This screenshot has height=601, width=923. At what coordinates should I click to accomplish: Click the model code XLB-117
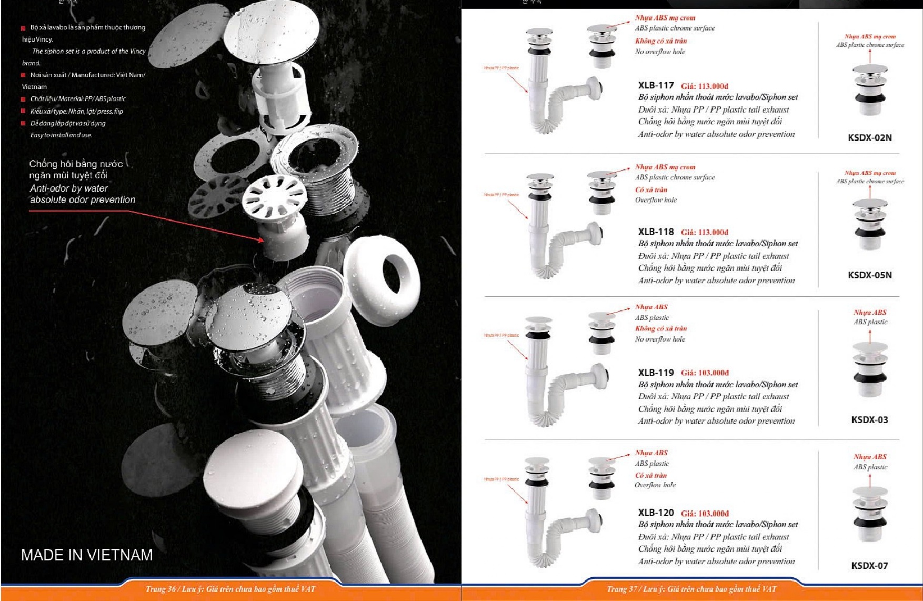[x=656, y=85]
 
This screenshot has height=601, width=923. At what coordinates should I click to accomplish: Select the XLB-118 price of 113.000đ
[x=705, y=232]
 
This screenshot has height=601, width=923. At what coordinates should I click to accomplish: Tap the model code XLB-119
[x=656, y=373]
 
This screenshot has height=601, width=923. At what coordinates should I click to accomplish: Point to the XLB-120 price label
[x=705, y=513]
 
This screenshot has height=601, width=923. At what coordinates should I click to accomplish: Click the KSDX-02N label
[x=869, y=138]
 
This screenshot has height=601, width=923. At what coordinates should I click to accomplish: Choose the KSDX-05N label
[x=869, y=275]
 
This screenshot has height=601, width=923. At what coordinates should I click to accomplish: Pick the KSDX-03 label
[x=869, y=420]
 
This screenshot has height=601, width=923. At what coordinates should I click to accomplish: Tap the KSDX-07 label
[x=869, y=566]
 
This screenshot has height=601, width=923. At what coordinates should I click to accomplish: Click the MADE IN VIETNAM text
[x=87, y=555]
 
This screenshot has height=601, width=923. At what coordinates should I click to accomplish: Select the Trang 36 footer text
[x=230, y=589]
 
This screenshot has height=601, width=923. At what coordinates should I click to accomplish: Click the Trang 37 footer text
[x=691, y=589]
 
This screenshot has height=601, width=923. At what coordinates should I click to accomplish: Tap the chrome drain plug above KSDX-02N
[x=869, y=89]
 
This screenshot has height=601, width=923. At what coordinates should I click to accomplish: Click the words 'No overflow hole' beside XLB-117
[x=660, y=52]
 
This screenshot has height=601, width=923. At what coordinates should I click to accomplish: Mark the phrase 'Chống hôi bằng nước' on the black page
[x=76, y=164]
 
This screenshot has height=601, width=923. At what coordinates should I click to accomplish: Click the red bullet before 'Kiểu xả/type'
[x=23, y=111]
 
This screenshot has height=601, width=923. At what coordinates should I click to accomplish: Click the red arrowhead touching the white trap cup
[x=261, y=240]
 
